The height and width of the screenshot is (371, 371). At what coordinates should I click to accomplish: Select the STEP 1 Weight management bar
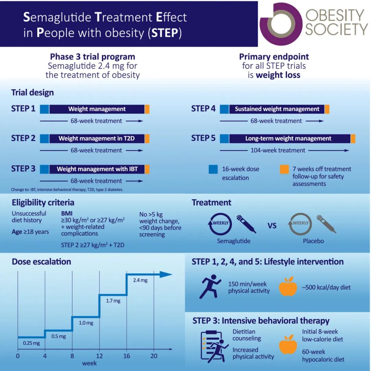(x=97, y=109)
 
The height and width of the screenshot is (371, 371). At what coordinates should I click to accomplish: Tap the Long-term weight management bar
(x=289, y=139)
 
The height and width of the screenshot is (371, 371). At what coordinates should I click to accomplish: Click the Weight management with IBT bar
(x=97, y=169)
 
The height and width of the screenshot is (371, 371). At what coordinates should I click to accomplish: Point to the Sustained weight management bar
(x=277, y=109)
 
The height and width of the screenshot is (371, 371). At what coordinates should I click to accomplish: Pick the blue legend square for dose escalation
(x=213, y=169)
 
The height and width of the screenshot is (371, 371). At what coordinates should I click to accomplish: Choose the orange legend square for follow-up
(x=284, y=169)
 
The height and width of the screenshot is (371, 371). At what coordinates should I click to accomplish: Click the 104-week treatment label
(x=278, y=150)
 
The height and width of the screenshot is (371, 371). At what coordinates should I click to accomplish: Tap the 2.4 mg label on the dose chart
(x=140, y=280)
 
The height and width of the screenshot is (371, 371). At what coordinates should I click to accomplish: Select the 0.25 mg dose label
(x=31, y=343)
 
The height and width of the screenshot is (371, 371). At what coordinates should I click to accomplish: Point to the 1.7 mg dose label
(x=113, y=301)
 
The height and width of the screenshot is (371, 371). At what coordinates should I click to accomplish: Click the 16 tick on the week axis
(x=127, y=356)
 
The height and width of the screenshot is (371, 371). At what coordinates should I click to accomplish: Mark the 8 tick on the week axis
(x=72, y=356)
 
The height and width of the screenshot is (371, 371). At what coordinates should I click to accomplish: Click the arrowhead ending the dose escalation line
(x=166, y=274)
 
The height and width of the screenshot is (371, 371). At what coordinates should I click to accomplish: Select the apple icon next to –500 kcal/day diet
(x=288, y=287)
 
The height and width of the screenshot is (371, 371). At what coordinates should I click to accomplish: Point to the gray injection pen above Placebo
(x=326, y=224)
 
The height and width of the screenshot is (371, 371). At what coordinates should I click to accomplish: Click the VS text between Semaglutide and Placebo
(x=272, y=226)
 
